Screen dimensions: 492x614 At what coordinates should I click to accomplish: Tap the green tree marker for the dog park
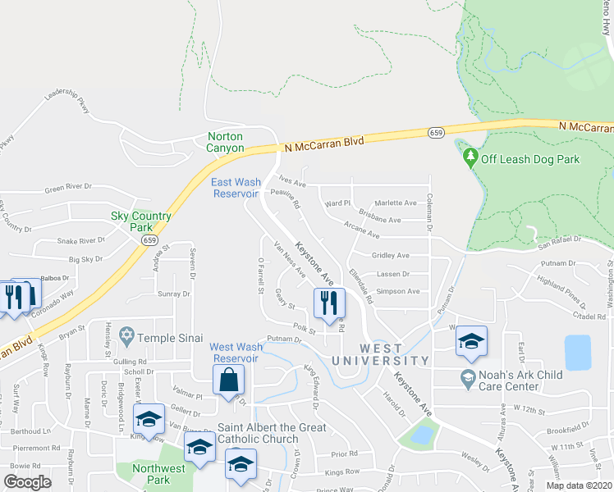click(x=470, y=156)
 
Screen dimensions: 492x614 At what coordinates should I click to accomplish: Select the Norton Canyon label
click(x=226, y=142)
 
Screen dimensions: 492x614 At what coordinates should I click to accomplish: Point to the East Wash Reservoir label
click(x=236, y=188)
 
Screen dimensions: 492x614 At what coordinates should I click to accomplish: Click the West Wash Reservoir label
click(x=236, y=353)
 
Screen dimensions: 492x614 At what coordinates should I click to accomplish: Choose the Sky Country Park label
click(x=141, y=221)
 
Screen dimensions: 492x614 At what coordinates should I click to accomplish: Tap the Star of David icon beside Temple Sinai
click(x=126, y=335)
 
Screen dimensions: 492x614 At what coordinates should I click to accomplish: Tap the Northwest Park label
click(x=156, y=474)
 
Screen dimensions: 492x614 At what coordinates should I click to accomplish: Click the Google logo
click(x=27, y=481)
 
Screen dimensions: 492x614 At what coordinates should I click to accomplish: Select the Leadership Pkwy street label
click(x=67, y=101)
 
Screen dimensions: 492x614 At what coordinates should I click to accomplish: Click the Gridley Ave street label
click(x=390, y=256)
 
